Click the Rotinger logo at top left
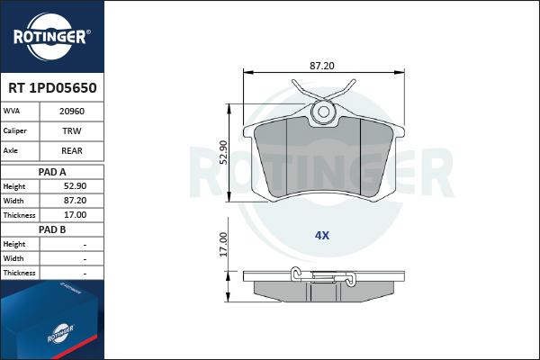(x=51, y=37)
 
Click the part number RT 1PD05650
(x=52, y=88)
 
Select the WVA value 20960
(x=72, y=112)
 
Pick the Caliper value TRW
(x=72, y=131)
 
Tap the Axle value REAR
(x=72, y=151)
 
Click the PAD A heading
(x=52, y=172)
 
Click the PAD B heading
(x=52, y=229)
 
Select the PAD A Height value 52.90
(x=75, y=186)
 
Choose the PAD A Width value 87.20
(x=75, y=201)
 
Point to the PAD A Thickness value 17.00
(x=75, y=215)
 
